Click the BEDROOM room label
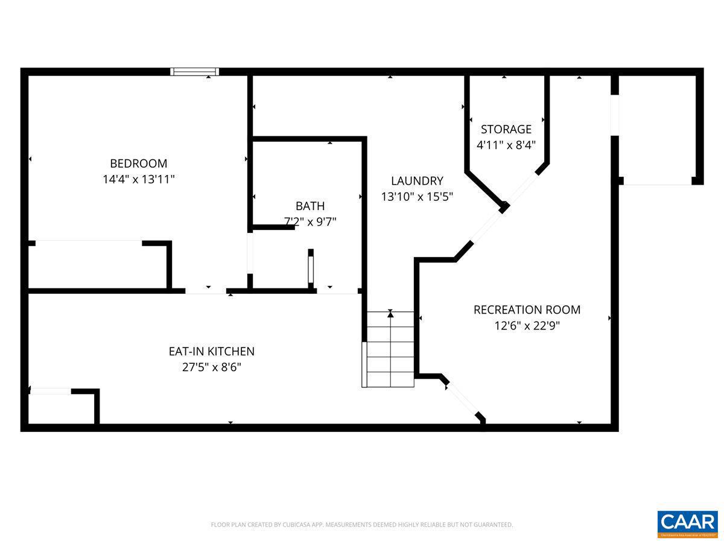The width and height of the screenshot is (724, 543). (138, 163)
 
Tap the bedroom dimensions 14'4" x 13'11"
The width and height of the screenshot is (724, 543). (138, 179)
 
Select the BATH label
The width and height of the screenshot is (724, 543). (310, 206)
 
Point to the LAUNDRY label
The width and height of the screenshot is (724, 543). (417, 180)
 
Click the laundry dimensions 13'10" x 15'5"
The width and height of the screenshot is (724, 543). (417, 197)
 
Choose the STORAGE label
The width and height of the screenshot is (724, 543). (506, 129)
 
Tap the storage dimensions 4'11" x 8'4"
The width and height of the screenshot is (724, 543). (506, 145)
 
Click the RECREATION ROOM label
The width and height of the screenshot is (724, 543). (527, 310)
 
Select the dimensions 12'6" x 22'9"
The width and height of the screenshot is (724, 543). (527, 326)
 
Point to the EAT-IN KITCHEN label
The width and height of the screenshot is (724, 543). (211, 351)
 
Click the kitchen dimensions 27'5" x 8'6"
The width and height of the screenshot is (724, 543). (211, 367)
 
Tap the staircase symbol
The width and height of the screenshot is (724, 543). (390, 349)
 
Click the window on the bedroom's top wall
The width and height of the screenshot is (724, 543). (194, 72)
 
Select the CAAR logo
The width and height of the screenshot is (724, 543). (687, 522)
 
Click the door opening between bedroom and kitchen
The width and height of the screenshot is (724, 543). (206, 291)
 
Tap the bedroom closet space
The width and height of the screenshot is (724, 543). (97, 265)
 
